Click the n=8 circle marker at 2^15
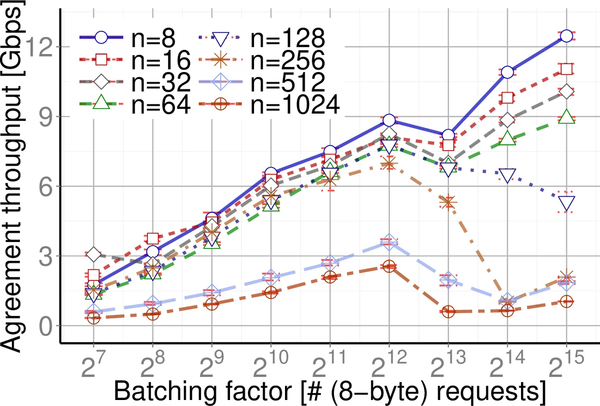566,36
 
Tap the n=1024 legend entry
270,105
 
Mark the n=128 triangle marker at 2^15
566,203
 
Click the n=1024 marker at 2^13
448,311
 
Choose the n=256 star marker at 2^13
448,202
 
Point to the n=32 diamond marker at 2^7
93,255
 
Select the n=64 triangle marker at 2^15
566,117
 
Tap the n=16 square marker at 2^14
507,98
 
